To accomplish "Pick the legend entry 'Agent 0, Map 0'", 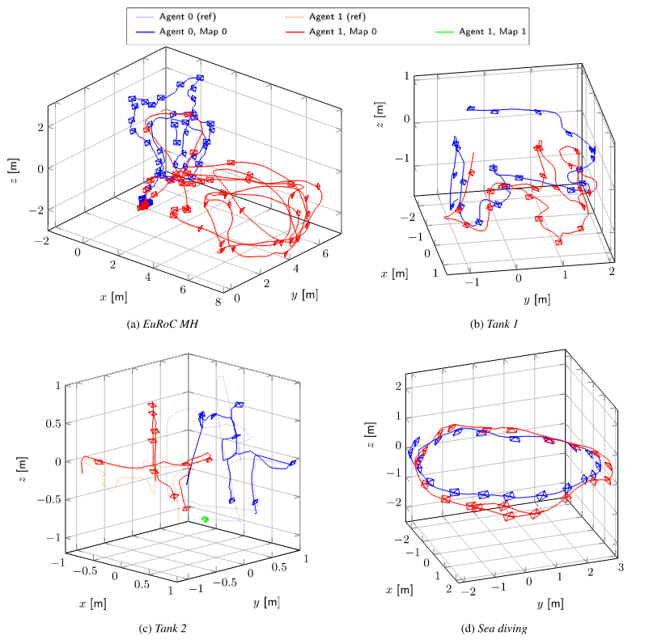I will click(x=185, y=32).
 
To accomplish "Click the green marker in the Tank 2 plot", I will click(x=206, y=519).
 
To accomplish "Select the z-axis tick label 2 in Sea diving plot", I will click(x=398, y=388).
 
